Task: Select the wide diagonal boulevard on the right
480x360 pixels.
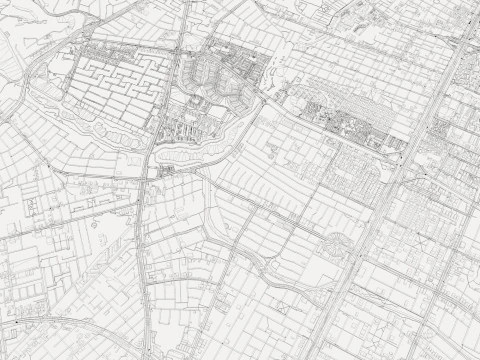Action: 390,190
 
